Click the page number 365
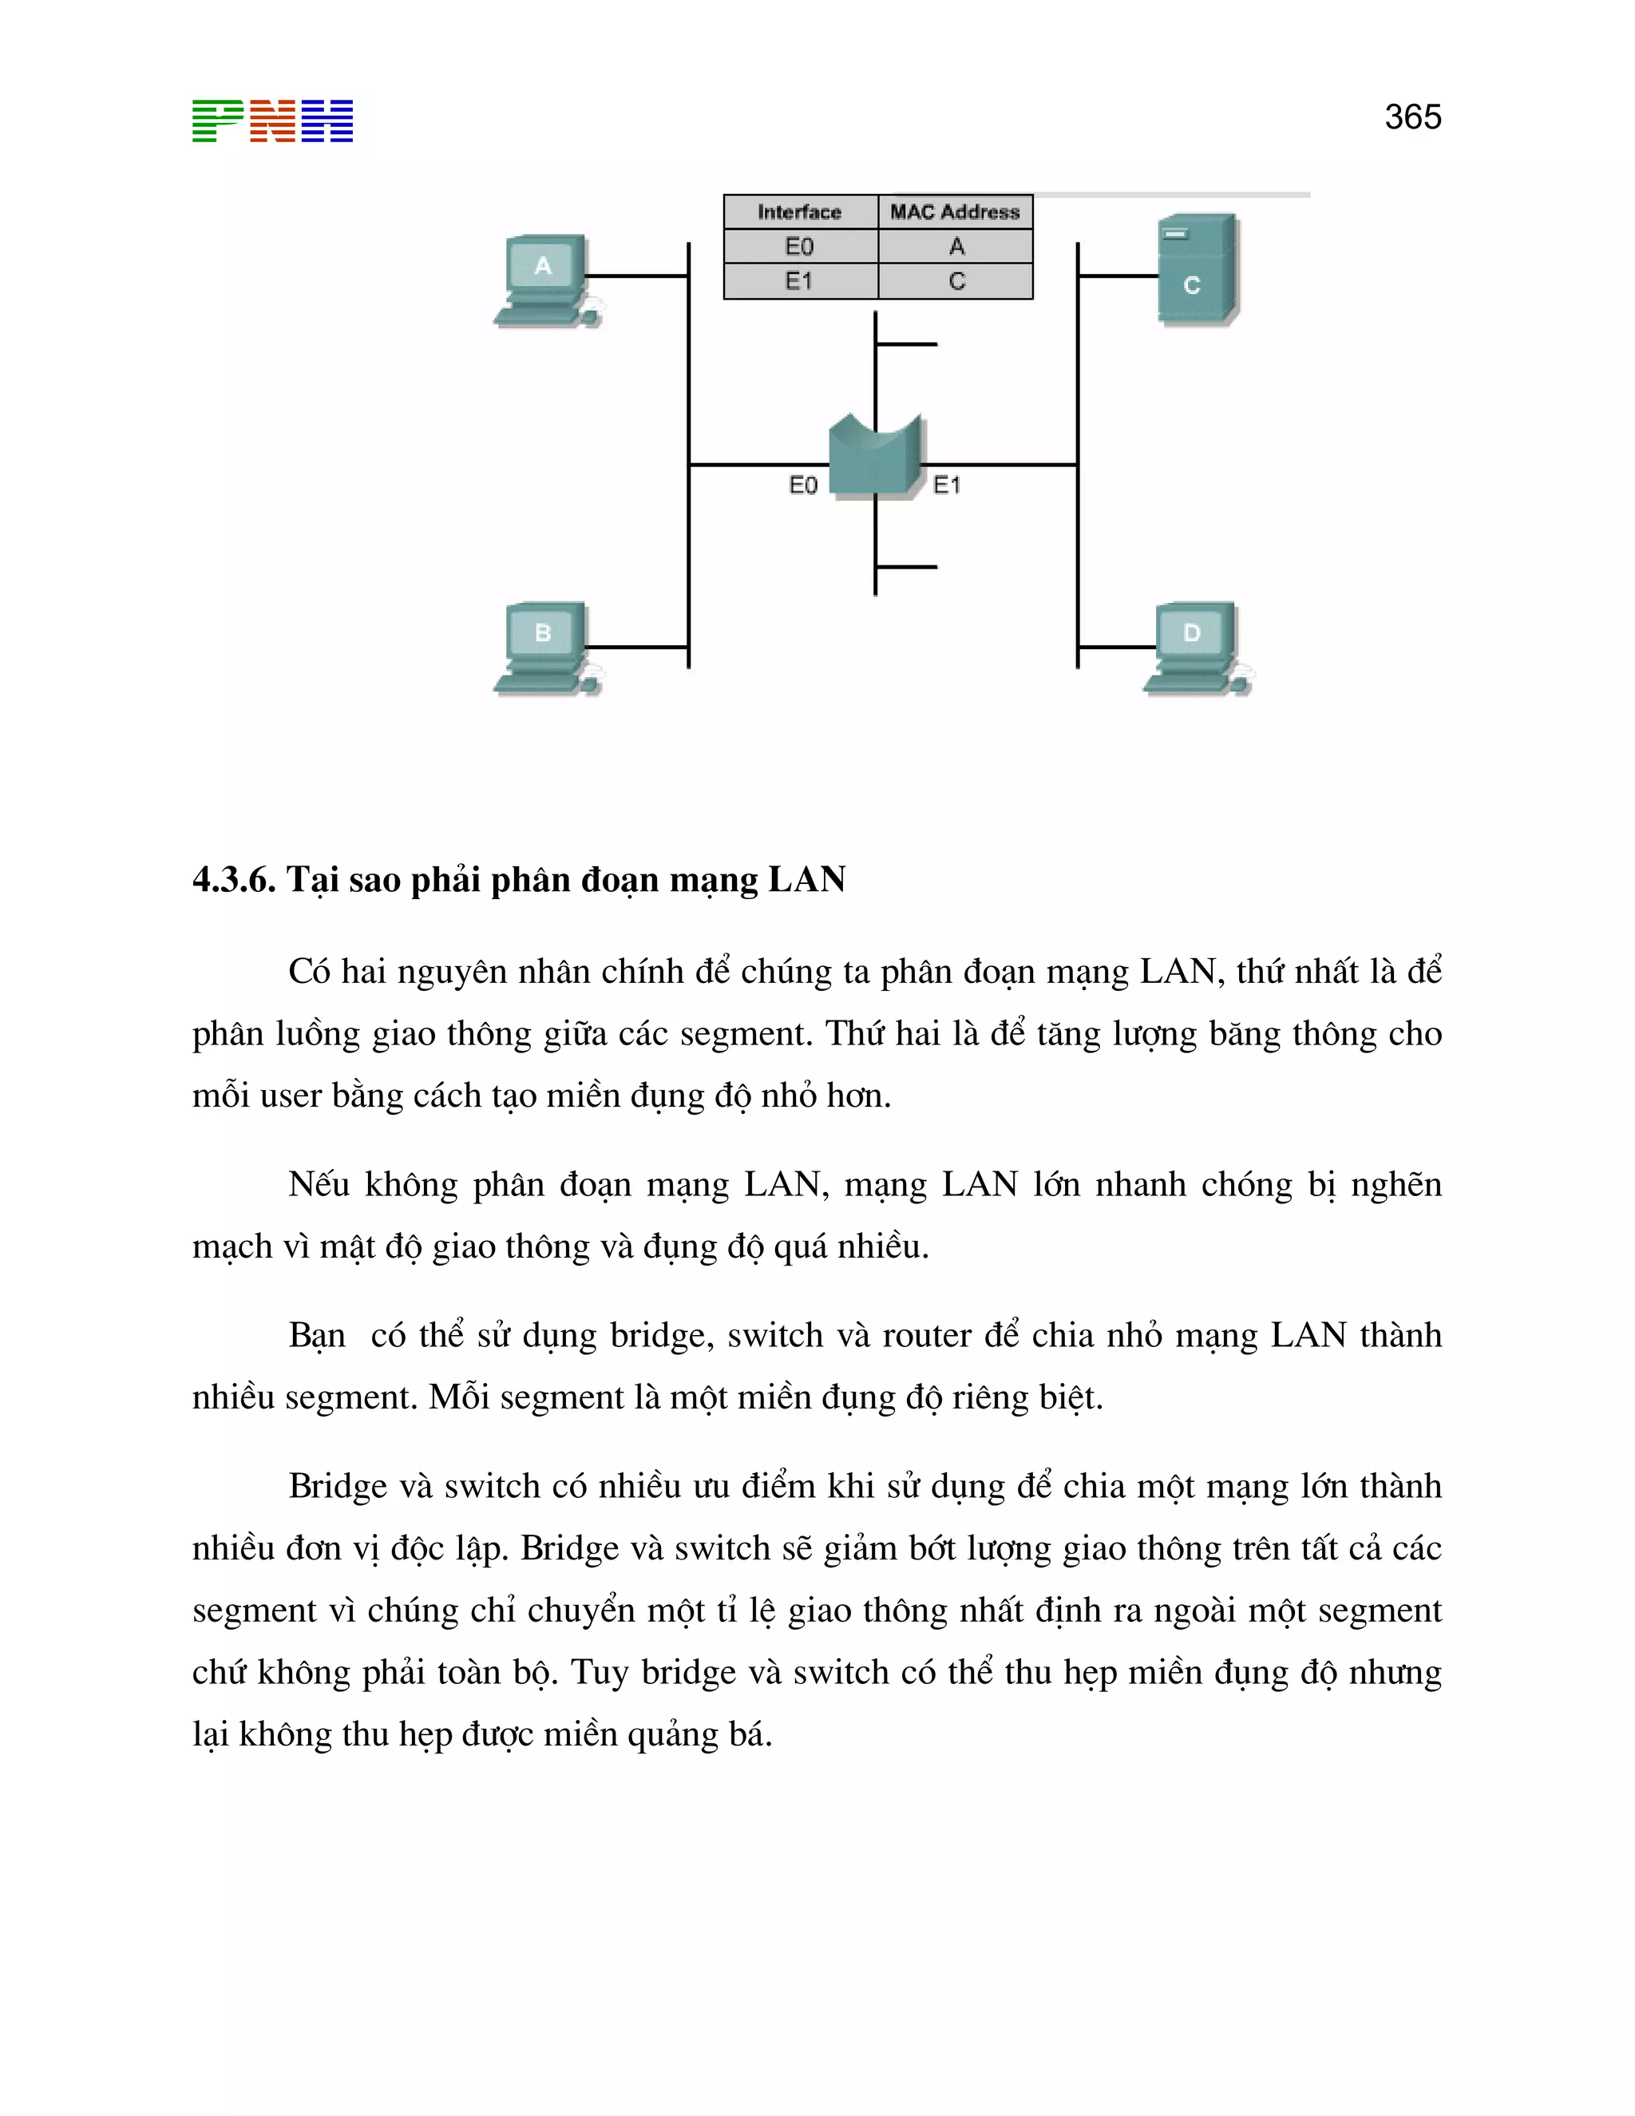[x=1412, y=117]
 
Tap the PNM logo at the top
[x=272, y=121]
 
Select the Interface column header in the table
[x=799, y=212]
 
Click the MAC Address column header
[x=955, y=212]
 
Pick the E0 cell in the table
[x=799, y=246]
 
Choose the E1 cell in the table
[x=799, y=281]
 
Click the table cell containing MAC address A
[x=956, y=246]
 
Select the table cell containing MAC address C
[x=956, y=281]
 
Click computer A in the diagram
[x=545, y=279]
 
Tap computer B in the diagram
[x=545, y=646]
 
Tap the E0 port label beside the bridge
[x=803, y=485]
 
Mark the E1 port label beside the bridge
[x=946, y=485]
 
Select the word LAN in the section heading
[x=807, y=880]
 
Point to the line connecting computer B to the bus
[x=636, y=646]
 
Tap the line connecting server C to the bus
[x=1118, y=276]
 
